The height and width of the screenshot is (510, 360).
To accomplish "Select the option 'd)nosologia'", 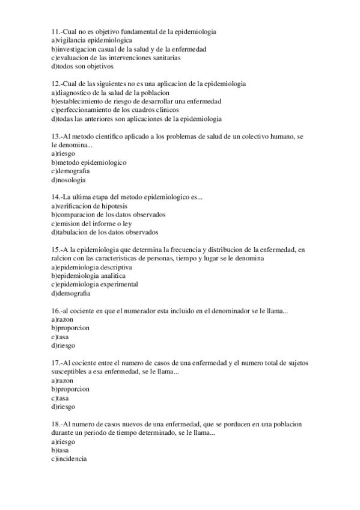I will tap(69, 180).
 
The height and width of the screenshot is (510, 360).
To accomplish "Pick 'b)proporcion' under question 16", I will tap(70, 328).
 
